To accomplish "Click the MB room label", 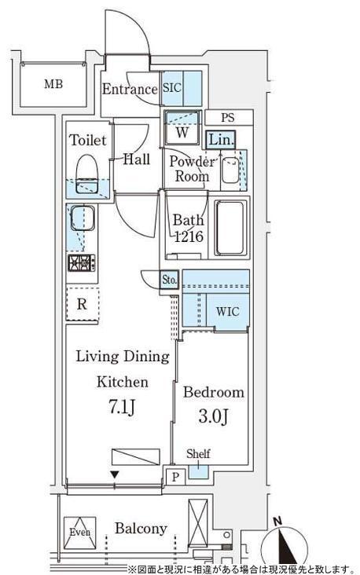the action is click(53, 84).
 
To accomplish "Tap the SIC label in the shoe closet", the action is click(171, 88).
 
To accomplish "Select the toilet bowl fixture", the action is click(87, 174).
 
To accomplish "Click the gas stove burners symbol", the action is click(82, 263).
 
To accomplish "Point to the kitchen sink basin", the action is click(83, 218).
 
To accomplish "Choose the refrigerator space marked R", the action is click(83, 304).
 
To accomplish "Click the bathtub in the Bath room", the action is click(230, 228).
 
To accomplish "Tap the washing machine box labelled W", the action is click(182, 127).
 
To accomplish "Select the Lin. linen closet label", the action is click(221, 140).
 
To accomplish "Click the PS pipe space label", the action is click(228, 118).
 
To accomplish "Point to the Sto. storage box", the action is click(170, 280).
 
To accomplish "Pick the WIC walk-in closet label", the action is click(228, 312).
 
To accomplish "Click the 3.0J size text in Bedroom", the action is click(214, 417).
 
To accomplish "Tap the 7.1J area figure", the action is click(122, 407).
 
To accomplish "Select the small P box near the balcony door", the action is click(175, 477).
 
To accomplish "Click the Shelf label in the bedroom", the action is click(198, 454).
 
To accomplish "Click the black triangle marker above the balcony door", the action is click(115, 475).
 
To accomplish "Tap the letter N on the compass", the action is click(277, 521).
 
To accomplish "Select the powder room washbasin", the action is click(230, 170).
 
